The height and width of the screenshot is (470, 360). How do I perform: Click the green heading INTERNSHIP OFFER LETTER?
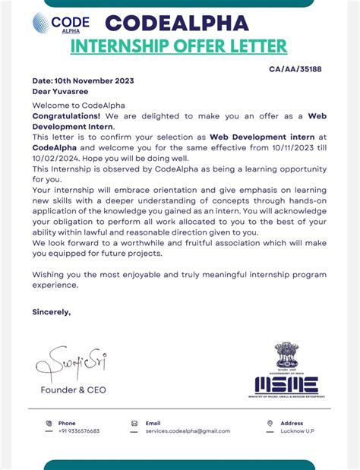178,47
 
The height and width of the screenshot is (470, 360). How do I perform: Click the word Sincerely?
51,311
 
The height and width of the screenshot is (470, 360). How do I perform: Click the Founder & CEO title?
74,390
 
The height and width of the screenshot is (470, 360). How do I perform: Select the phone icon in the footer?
49,424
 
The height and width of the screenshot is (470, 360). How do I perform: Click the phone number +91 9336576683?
79,431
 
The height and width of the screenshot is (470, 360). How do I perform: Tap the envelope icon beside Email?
134,424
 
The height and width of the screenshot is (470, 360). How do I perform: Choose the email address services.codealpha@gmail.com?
188,431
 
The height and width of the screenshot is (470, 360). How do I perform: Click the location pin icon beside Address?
270,424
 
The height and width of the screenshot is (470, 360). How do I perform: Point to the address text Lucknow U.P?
298,431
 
